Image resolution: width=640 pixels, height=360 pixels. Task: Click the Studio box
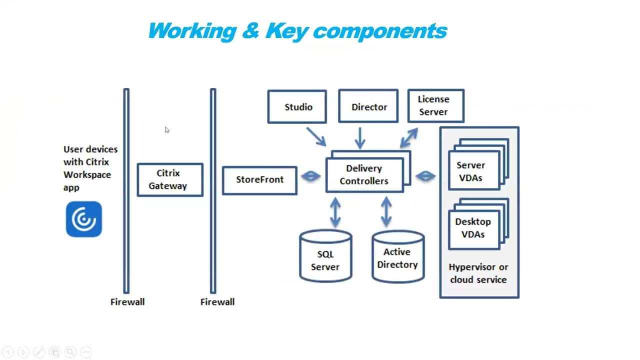[x=297, y=106]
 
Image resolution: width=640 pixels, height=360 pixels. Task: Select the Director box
[x=368, y=106]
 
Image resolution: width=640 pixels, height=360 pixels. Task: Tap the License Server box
[x=435, y=105]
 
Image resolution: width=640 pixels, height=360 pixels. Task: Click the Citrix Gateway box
[x=170, y=179]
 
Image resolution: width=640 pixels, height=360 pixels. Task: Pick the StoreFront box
[x=259, y=180]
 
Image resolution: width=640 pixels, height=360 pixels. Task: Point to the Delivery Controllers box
[x=364, y=175]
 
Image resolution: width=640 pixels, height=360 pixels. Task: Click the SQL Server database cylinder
[x=325, y=257]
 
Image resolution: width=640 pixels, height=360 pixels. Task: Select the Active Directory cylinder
[x=398, y=257]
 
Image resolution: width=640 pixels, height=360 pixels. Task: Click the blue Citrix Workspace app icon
[x=84, y=219]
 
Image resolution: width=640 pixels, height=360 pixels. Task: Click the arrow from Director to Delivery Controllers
[x=360, y=138]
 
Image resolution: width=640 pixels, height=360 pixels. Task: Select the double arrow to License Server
[x=409, y=137]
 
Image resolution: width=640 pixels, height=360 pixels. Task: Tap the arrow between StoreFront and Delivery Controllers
[x=311, y=176]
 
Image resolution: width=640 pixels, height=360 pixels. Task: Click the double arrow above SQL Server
[x=335, y=212]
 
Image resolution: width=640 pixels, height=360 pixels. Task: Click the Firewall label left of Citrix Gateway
[x=127, y=302]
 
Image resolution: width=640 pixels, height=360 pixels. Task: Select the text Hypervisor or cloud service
[x=478, y=273]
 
